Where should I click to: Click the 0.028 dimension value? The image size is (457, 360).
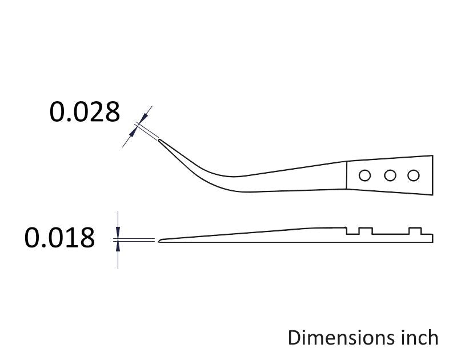tap(85, 112)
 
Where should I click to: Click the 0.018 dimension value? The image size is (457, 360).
tap(60, 238)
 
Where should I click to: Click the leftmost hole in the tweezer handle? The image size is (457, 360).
tap(364, 175)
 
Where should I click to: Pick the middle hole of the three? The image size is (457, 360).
tap(390, 175)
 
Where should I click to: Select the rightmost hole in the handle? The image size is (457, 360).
tap(413, 175)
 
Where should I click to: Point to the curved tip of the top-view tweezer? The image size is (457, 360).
tap(159, 140)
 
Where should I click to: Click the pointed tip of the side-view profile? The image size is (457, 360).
tap(159, 241)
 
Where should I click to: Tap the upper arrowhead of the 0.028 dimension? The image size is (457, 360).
tap(143, 118)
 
